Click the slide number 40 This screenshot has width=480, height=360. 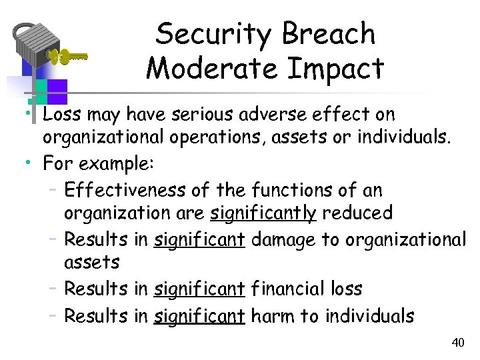(457, 343)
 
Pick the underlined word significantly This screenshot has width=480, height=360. (263, 213)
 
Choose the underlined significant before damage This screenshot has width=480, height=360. (199, 239)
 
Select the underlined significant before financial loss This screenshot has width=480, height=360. (199, 289)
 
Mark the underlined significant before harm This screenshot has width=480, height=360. (199, 315)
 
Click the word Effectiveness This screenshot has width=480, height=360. (125, 191)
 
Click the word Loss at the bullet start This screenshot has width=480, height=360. (61, 115)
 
